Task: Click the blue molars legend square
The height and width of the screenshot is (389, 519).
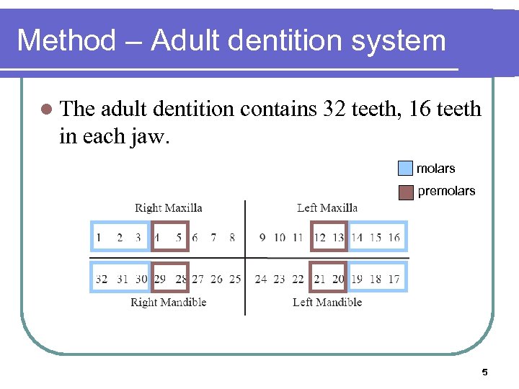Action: click(406, 169)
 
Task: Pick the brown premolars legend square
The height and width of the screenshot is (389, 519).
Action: click(406, 192)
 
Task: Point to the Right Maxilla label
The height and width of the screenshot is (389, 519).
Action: click(168, 208)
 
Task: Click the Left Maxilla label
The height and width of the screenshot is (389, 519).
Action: click(327, 208)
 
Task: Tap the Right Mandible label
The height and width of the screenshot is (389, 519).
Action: click(168, 303)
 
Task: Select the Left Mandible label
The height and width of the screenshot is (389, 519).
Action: click(327, 303)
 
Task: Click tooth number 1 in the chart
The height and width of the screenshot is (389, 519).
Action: click(99, 237)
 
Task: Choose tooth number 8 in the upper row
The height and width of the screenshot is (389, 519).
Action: click(232, 237)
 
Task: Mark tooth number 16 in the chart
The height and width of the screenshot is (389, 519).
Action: click(394, 237)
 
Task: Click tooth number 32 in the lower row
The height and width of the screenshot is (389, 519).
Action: click(101, 279)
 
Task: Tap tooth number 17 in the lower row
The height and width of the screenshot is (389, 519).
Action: click(394, 279)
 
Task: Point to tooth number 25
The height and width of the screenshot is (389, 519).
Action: click(235, 279)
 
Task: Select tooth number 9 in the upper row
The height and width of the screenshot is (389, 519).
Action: click(261, 237)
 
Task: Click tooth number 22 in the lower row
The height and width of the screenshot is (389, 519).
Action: click(298, 279)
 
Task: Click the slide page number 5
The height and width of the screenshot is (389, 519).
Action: click(484, 372)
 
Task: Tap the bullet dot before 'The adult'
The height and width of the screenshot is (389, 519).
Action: click(46, 109)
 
